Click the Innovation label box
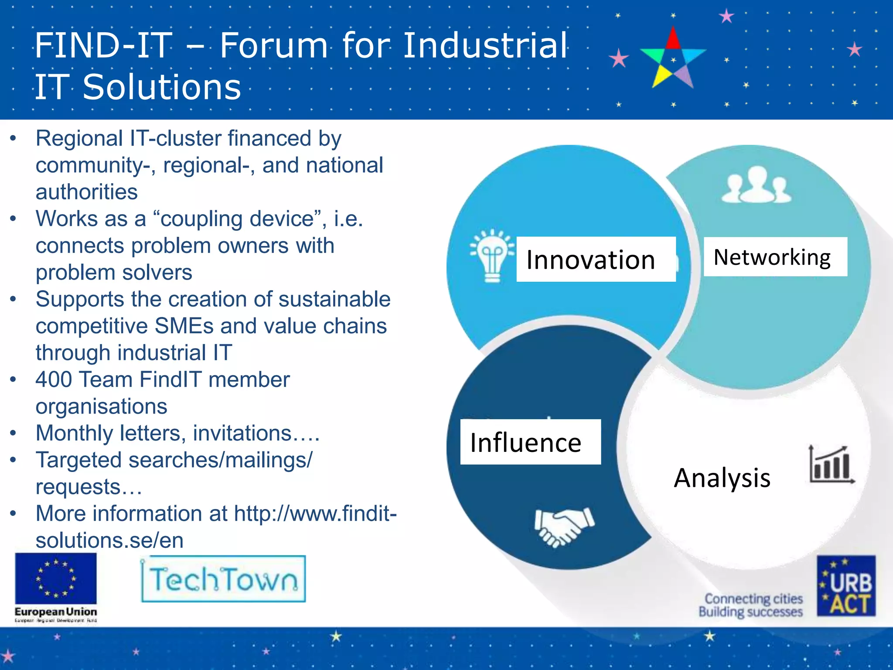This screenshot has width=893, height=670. [596, 259]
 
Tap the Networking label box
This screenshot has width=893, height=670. [775, 256]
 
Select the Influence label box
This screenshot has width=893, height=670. [530, 442]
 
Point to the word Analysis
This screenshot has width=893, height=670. [722, 478]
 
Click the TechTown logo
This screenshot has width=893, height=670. [223, 579]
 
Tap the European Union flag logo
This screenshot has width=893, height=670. [56, 578]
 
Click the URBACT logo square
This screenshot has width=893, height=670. [846, 585]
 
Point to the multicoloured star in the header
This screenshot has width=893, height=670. [673, 59]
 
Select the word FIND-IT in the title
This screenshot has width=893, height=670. [103, 45]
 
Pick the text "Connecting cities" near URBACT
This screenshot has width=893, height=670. [753, 598]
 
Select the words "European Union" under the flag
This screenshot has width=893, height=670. [56, 612]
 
